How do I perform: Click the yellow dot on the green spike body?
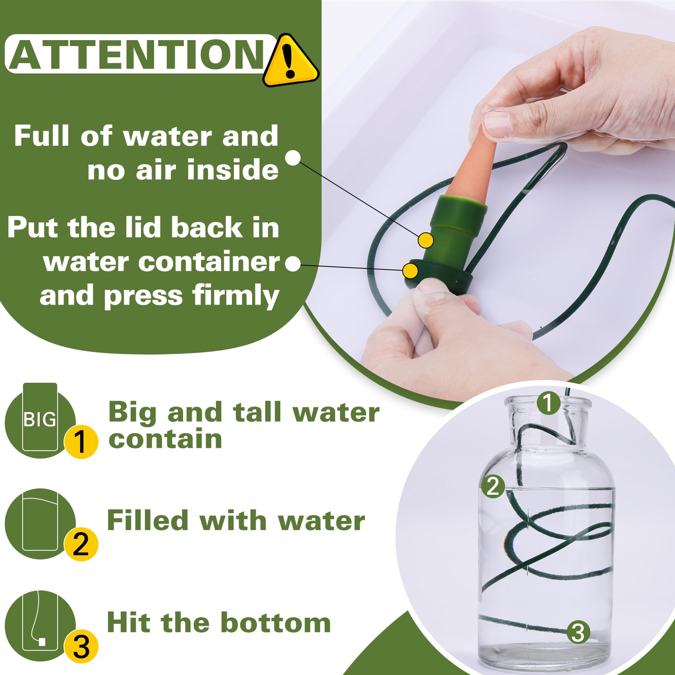coord(426,240)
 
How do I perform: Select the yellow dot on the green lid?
coord(410,271)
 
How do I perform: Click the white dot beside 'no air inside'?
coord(293,158)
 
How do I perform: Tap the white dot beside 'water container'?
coord(293,264)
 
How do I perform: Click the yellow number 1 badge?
coord(81,442)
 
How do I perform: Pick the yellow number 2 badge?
coord(81,544)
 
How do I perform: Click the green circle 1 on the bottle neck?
coord(548,403)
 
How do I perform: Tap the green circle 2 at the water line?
coord(493,486)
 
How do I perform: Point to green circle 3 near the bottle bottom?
coord(578,632)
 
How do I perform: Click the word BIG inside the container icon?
coord(40,420)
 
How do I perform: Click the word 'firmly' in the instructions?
coord(236,296)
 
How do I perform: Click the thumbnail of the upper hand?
coord(497,123)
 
